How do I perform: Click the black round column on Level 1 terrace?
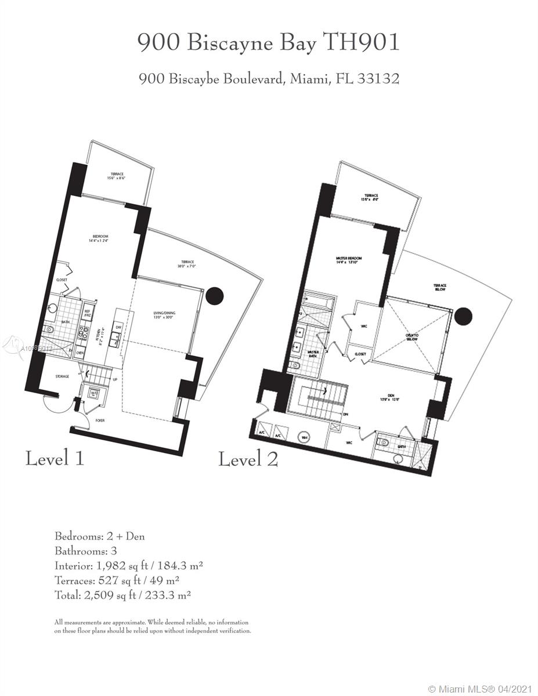(x=215, y=296)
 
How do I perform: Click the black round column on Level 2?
(x=463, y=316)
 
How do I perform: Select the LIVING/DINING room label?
(x=164, y=313)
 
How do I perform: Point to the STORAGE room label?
(x=62, y=376)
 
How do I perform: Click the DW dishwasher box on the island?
(x=118, y=328)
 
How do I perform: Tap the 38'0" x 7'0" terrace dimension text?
(x=187, y=267)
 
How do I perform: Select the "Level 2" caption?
(x=248, y=460)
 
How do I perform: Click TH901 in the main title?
(x=362, y=43)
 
